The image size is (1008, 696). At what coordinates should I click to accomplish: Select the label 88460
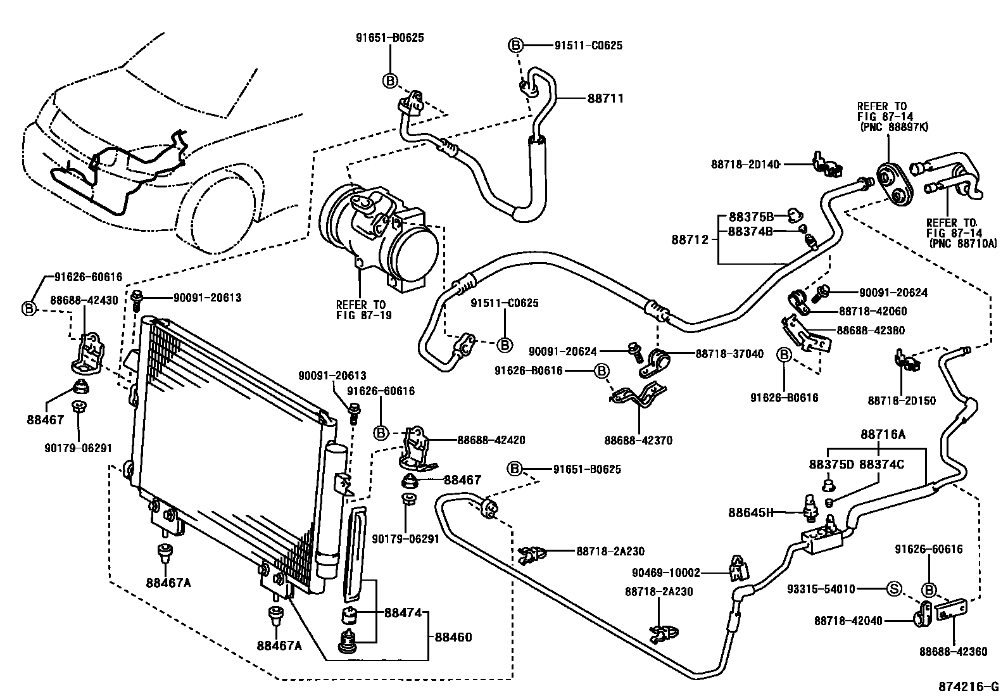453,637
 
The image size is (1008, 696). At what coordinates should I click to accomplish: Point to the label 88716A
883,434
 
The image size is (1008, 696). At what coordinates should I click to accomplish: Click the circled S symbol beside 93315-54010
893,590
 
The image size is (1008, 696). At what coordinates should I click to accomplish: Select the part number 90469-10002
665,573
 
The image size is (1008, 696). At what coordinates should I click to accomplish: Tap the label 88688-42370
638,440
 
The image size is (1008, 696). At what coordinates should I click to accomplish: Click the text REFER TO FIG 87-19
364,308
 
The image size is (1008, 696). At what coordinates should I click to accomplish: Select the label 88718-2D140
746,164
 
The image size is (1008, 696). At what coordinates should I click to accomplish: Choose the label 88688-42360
953,651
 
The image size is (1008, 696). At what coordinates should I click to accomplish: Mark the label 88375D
831,464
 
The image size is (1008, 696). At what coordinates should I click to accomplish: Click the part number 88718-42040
848,621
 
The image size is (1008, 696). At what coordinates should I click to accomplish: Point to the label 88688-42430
86,300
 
